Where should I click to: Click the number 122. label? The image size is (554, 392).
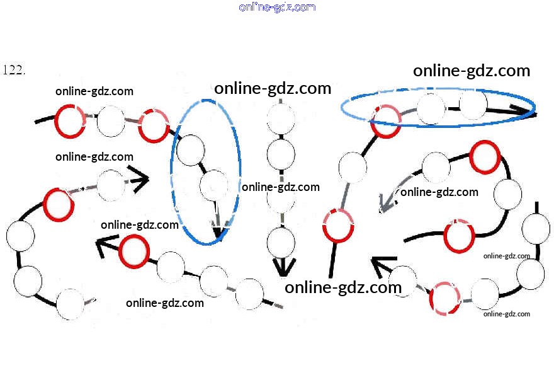(x=14, y=70)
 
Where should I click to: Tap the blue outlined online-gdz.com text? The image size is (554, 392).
(x=277, y=8)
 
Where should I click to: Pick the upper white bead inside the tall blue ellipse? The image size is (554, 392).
(x=191, y=149)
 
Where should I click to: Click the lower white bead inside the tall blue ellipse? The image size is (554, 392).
(x=214, y=185)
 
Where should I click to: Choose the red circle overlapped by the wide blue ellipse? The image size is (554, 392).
(x=385, y=120)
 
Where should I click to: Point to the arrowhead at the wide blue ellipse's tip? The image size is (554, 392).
(x=527, y=110)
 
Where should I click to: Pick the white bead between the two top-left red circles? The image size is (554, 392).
(x=111, y=122)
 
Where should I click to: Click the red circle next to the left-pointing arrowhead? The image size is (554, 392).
(x=133, y=251)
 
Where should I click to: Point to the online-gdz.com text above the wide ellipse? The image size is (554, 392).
(x=472, y=71)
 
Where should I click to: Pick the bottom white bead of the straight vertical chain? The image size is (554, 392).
(x=281, y=241)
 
